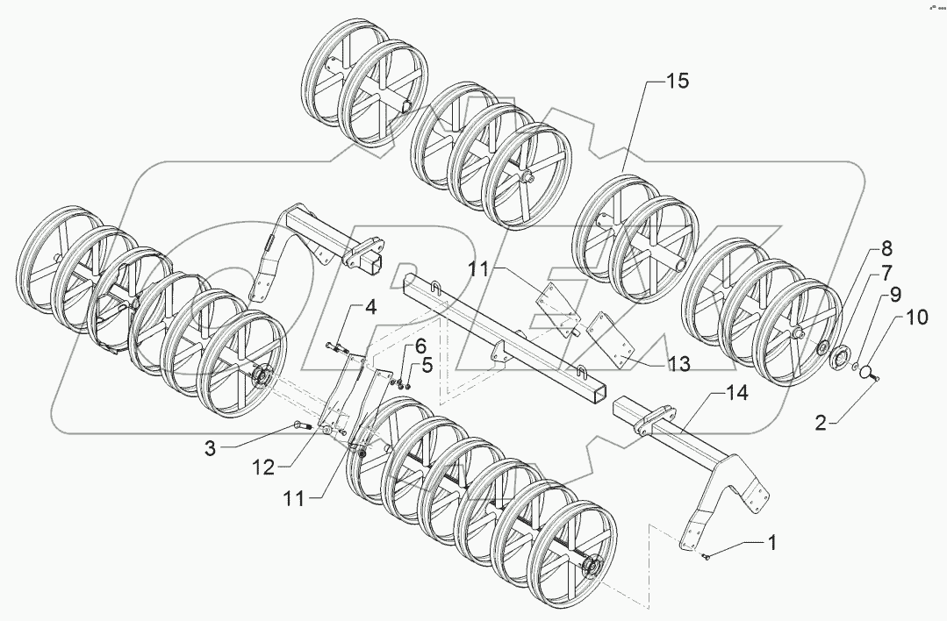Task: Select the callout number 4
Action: point(370,307)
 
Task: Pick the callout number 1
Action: point(771,543)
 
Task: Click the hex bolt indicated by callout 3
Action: point(304,427)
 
